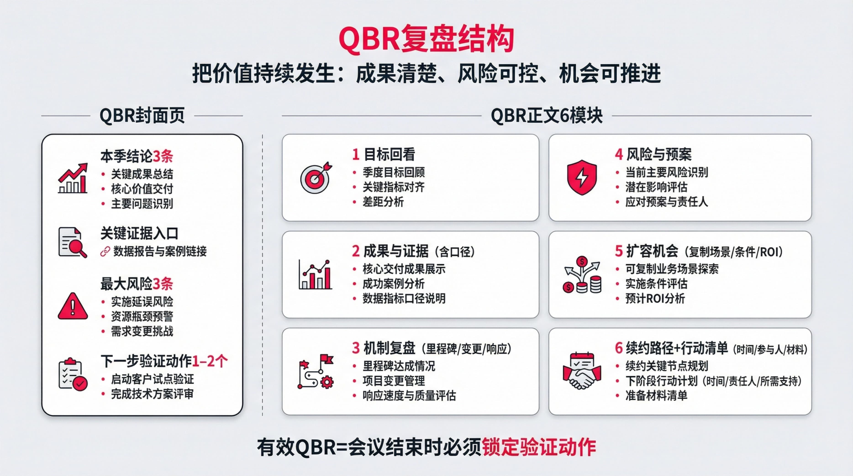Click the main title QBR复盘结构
tap(426, 39)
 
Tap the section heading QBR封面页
tap(142, 116)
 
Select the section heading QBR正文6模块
tap(546, 116)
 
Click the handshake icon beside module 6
tap(582, 371)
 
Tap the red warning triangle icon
tap(73, 306)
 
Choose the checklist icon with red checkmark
tap(73, 374)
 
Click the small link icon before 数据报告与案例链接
tap(105, 252)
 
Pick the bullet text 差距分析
tap(383, 202)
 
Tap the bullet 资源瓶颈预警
tap(142, 316)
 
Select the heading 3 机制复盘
tap(383, 348)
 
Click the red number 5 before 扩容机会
tap(619, 251)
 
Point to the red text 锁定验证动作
tap(539, 447)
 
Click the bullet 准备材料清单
tap(656, 396)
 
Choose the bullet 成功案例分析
tap(393, 284)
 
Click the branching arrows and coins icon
tap(582, 275)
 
